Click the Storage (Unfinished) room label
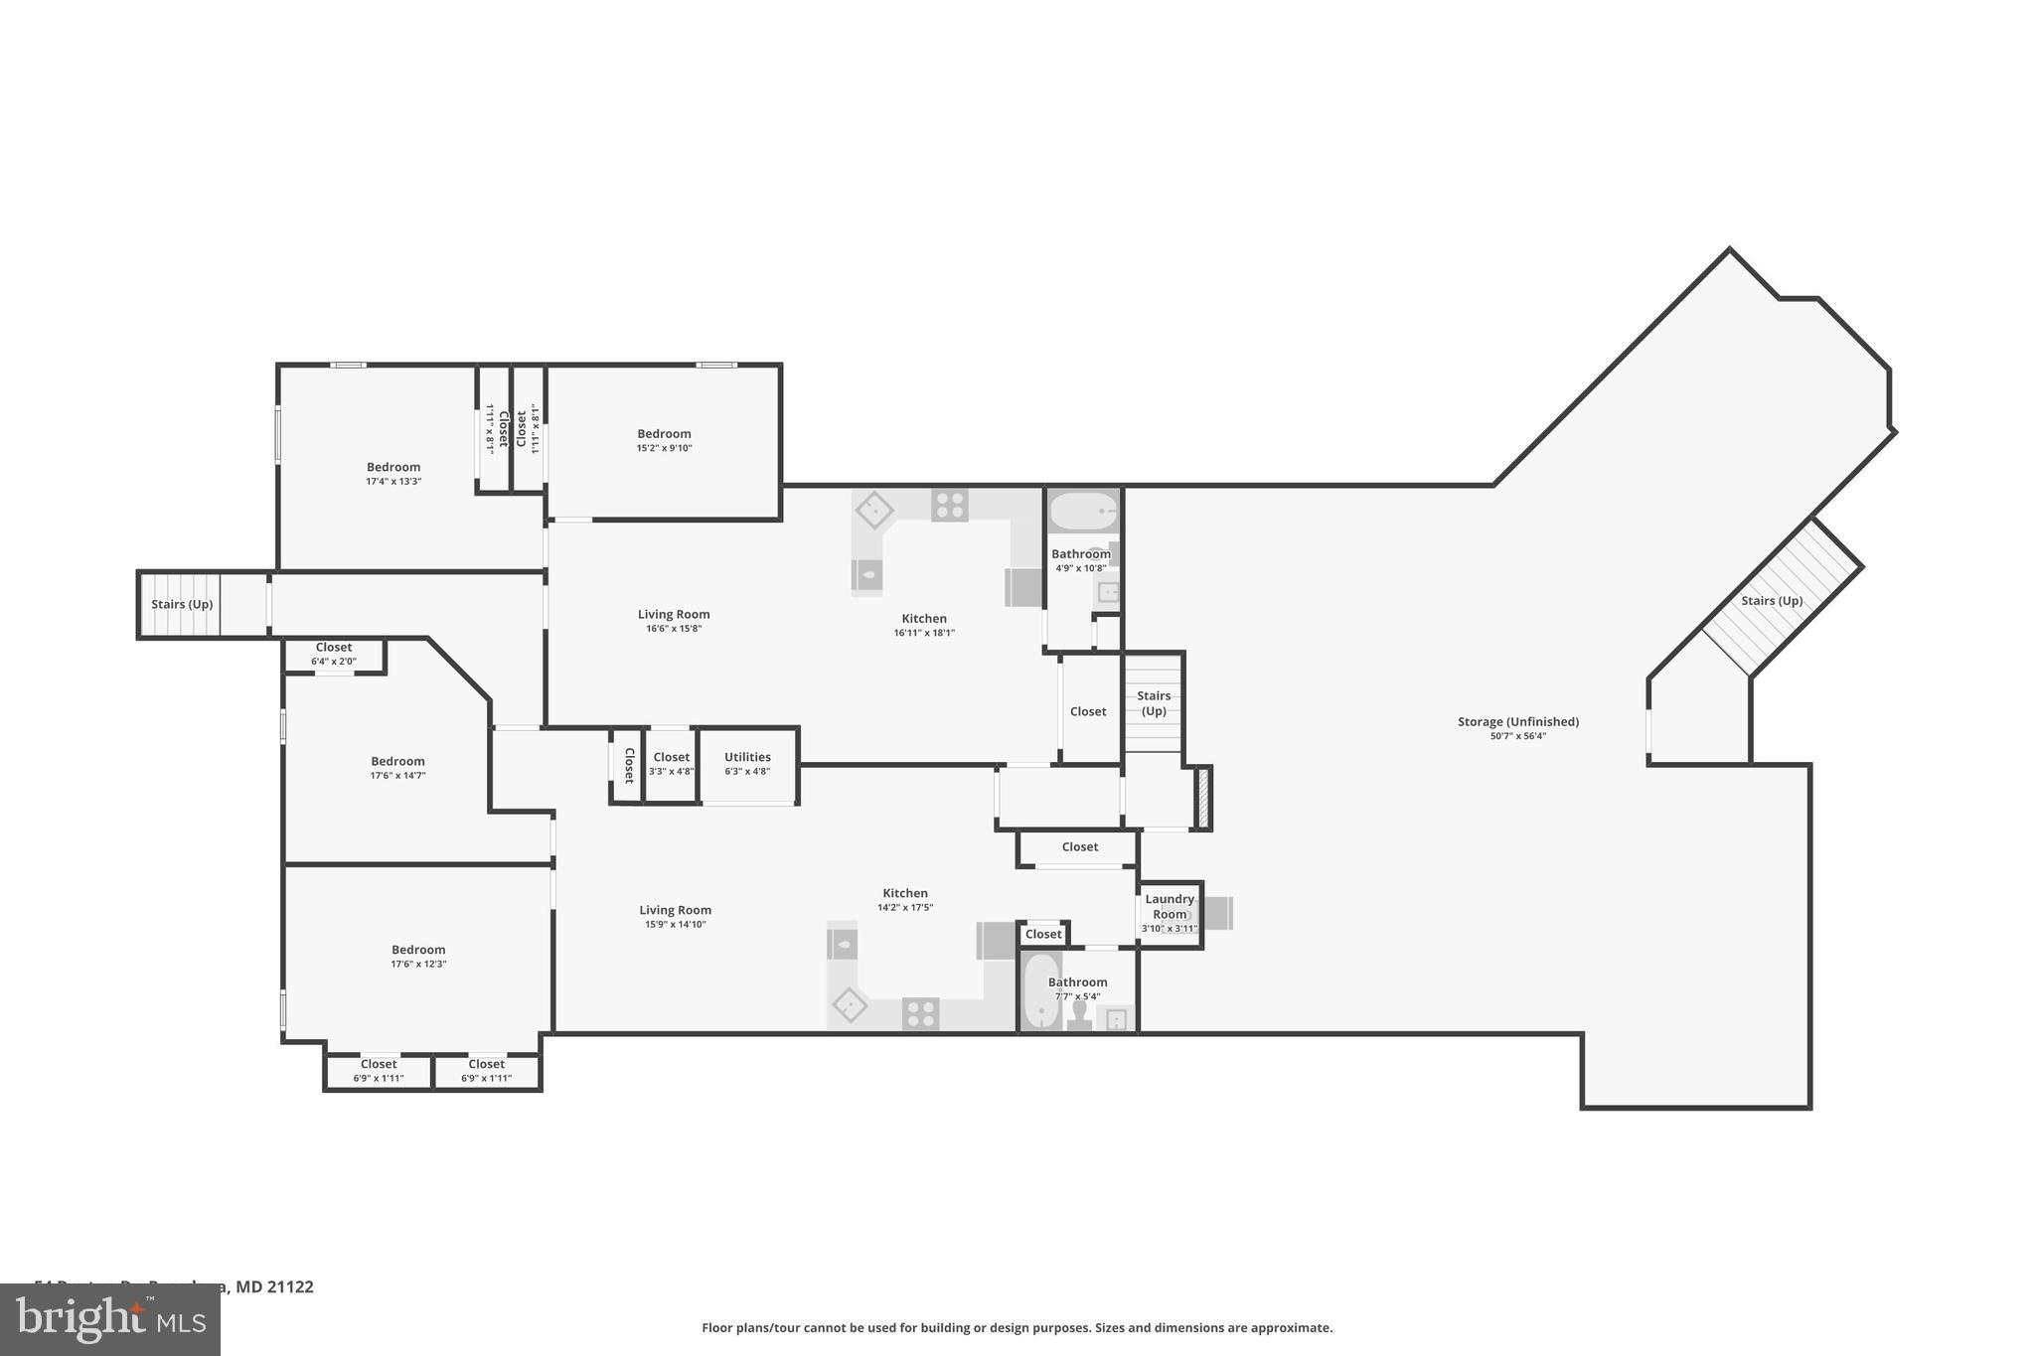tap(1517, 722)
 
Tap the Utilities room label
tap(747, 757)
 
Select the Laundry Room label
tap(1170, 906)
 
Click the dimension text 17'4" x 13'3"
tap(393, 482)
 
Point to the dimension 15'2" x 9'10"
tap(664, 448)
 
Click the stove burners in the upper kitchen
tap(949, 506)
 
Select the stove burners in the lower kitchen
tap(920, 1014)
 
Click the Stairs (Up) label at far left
tap(182, 604)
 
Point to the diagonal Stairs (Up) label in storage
tap(1772, 601)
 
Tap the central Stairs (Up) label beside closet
tap(1154, 703)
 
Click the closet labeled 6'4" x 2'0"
tap(334, 654)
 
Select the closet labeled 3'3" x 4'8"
tap(672, 764)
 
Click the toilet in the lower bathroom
tap(1079, 1015)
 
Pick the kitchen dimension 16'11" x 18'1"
tap(924, 633)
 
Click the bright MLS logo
tap(110, 1320)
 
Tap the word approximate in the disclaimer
tap(1291, 1328)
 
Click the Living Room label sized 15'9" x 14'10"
tap(676, 910)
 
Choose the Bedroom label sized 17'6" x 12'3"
tap(418, 950)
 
